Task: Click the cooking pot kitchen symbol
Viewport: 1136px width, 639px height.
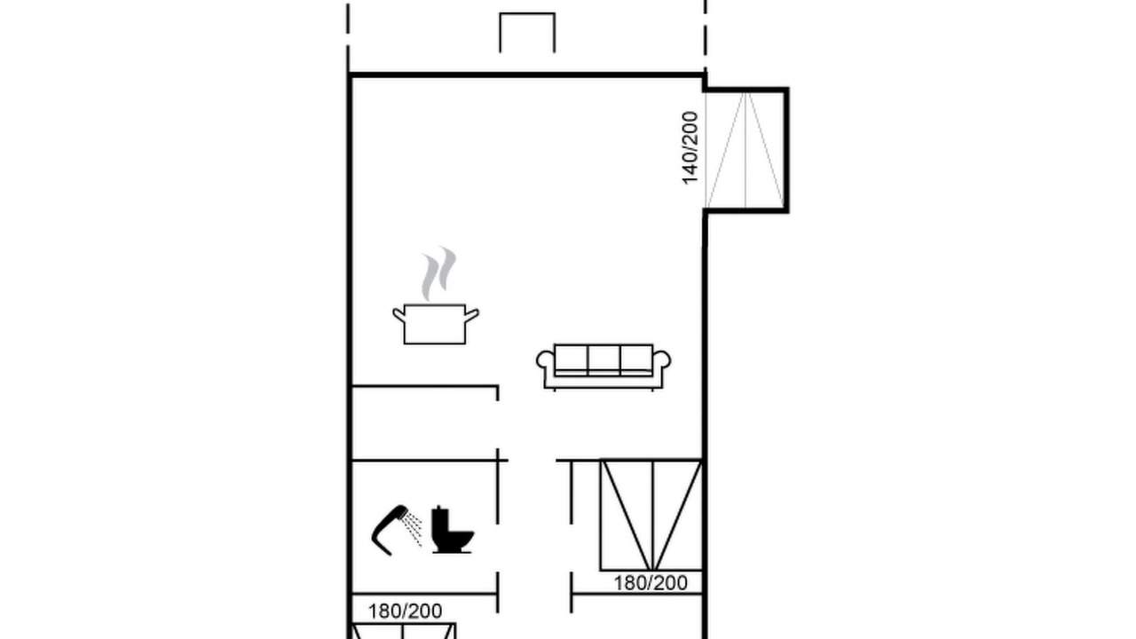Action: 435,324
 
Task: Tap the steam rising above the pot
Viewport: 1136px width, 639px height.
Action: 438,274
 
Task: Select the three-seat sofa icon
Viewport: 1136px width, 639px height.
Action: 603,367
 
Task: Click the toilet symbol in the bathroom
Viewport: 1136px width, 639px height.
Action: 452,529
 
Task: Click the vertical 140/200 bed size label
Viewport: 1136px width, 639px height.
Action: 690,148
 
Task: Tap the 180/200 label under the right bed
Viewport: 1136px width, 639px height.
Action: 651,583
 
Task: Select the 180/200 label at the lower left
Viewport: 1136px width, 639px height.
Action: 405,611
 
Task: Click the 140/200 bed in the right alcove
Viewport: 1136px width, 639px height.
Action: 745,150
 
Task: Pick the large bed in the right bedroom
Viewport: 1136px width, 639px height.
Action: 651,516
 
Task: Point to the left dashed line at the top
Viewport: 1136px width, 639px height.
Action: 349,35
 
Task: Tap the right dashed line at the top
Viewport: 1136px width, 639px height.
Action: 706,35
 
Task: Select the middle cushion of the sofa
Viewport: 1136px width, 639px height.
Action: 603,360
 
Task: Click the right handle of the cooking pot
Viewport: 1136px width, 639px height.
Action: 471,315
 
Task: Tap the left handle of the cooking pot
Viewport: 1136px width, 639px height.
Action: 399,315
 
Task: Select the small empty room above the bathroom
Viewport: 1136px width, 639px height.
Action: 424,423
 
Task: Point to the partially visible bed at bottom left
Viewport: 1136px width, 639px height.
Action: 403,631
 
